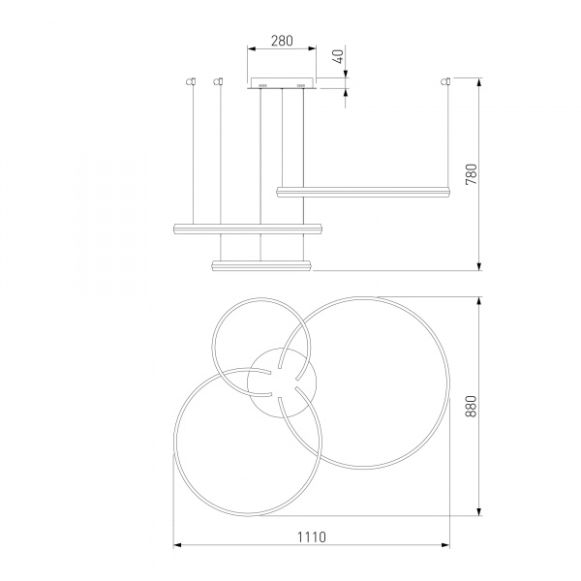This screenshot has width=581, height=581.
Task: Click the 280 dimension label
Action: [282, 41]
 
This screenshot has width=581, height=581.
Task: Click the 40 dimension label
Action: [338, 56]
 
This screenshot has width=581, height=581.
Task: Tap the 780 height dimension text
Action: [472, 174]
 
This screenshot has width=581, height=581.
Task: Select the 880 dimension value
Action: [471, 406]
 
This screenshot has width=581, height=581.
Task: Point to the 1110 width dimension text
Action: [312, 536]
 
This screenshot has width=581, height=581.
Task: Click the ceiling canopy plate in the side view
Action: [282, 83]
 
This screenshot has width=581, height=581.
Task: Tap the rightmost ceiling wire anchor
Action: [445, 81]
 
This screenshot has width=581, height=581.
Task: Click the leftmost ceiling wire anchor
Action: [191, 81]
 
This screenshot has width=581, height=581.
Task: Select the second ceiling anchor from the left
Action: [219, 81]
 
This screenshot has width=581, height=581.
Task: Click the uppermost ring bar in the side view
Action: [363, 192]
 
